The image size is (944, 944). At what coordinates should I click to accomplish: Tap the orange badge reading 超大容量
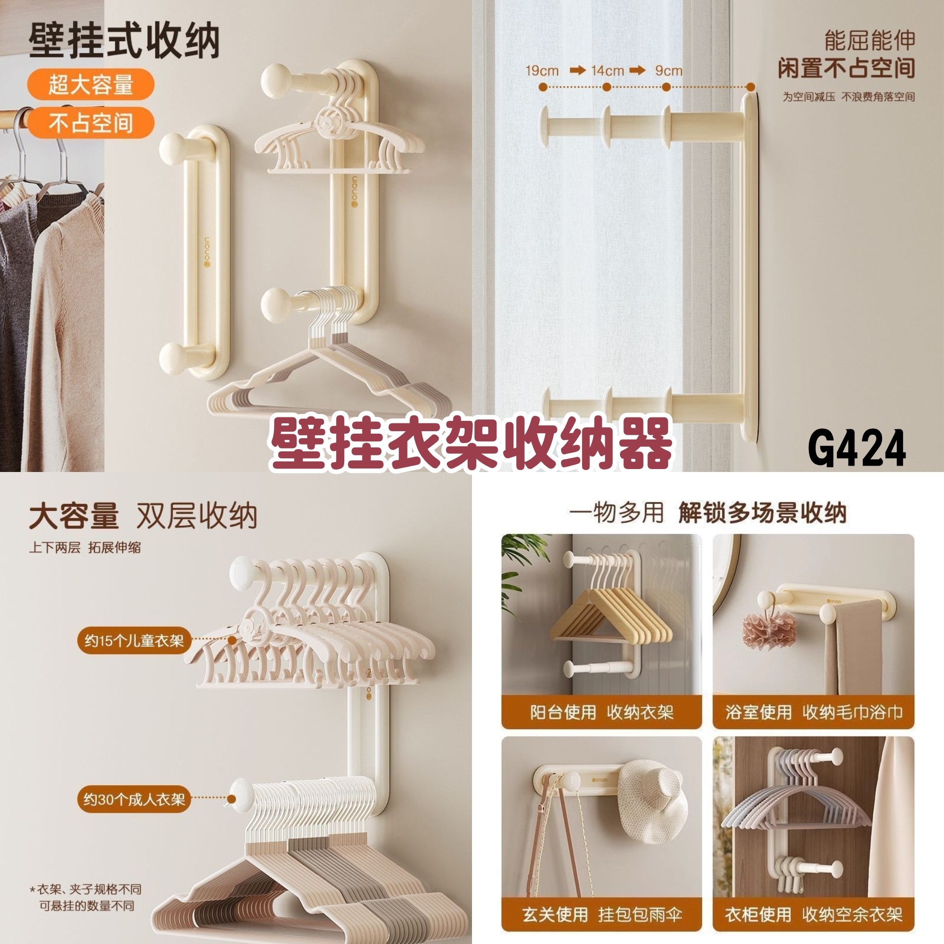(90, 85)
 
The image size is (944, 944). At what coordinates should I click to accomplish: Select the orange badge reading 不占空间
(90, 122)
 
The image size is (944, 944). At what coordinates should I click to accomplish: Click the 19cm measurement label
(542, 71)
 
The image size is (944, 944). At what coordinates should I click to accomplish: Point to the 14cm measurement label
(607, 71)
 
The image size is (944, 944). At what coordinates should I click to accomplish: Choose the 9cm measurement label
(669, 71)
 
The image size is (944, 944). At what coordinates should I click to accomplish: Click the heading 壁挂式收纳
(123, 41)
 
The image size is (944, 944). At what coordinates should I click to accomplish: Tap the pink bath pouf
(768, 632)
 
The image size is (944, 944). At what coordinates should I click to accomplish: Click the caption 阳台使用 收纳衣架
(601, 712)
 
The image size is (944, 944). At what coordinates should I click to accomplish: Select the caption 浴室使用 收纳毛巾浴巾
(814, 712)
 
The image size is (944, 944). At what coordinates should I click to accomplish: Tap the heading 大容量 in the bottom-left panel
(74, 516)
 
